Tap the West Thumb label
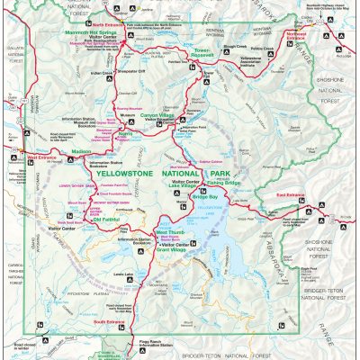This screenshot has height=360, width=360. [x=170, y=232]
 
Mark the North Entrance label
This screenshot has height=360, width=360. [x=101, y=15]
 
